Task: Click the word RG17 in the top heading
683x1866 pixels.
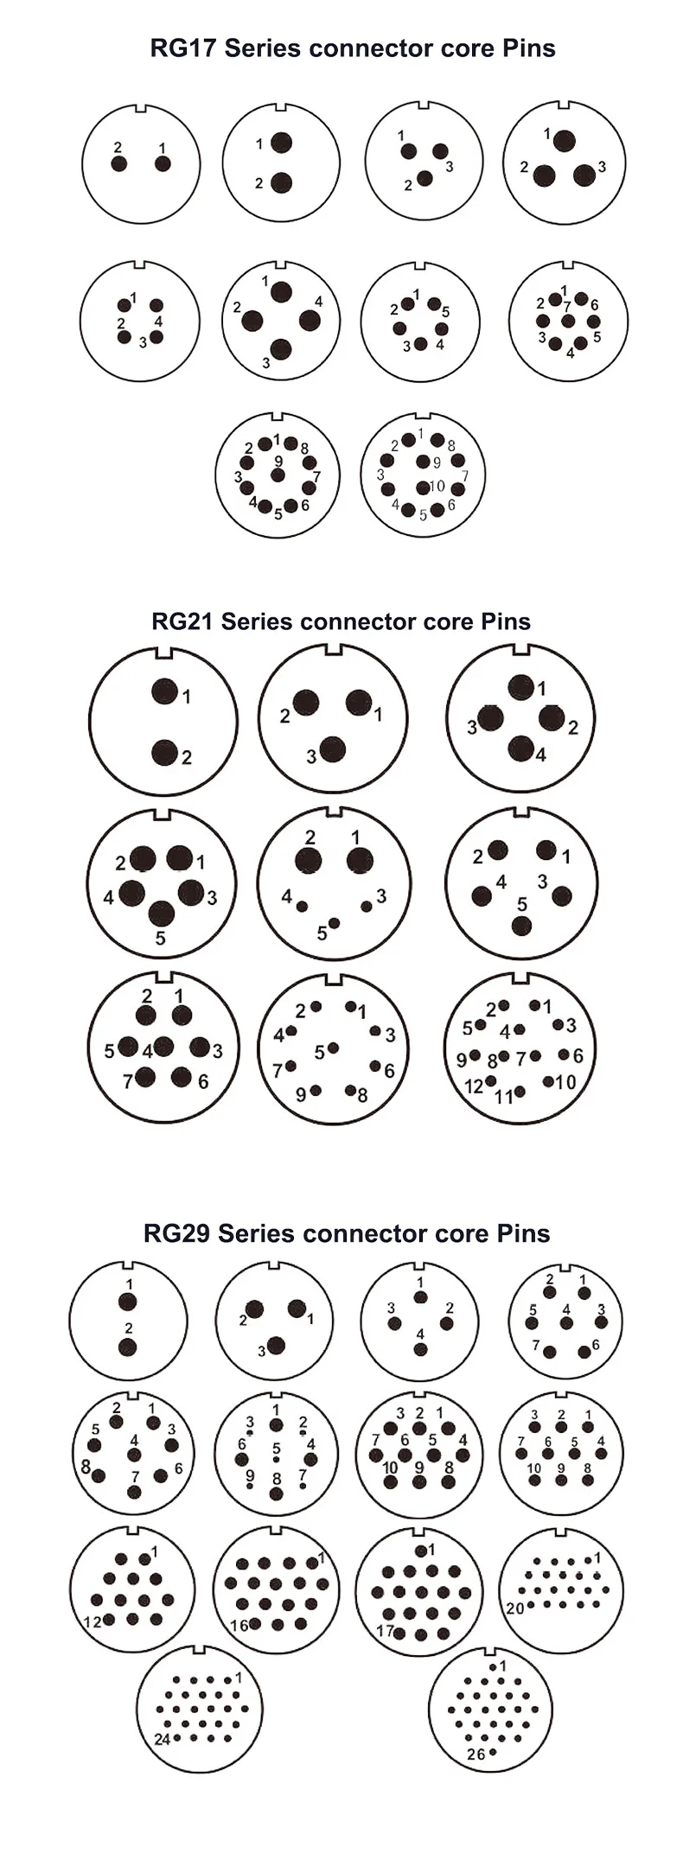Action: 183,48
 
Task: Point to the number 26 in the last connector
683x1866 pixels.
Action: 476,1754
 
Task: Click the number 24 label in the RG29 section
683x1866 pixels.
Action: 162,1739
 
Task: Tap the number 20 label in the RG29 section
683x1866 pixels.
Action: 515,1608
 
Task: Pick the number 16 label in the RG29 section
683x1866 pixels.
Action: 239,1626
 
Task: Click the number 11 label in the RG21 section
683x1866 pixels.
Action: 503,1098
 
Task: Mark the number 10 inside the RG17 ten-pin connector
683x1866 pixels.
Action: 437,487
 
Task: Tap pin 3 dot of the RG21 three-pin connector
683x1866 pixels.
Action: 332,749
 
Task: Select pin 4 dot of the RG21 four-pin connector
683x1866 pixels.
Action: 520,748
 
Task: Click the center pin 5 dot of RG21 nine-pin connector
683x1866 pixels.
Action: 333,1048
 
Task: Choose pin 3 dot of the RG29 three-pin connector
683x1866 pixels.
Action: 276,1345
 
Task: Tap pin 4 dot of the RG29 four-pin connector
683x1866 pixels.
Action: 420,1349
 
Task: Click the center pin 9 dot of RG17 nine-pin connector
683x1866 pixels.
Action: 278,475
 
